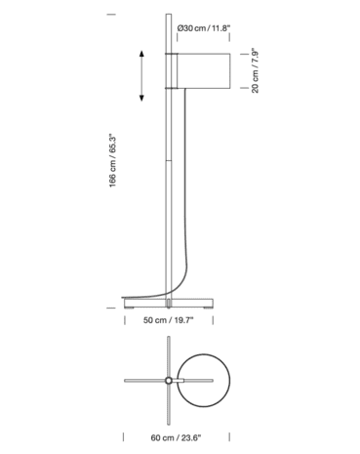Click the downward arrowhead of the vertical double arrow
tap(142, 98)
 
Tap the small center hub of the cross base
tap(168, 379)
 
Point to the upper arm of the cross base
tap(168, 355)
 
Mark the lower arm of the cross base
tap(168, 401)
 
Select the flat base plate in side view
tap(169, 296)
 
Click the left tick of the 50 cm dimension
tap(125, 319)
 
